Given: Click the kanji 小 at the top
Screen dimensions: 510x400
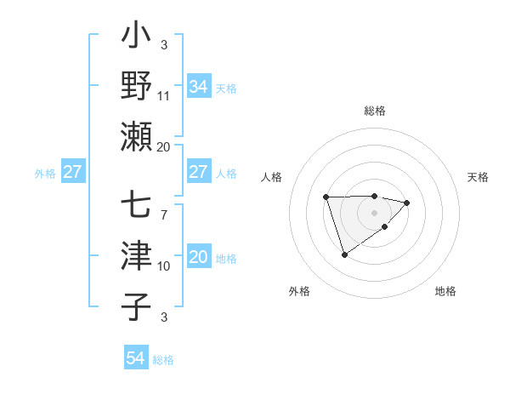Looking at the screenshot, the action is (x=138, y=38).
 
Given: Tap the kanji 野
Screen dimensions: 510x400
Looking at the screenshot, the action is (x=138, y=86).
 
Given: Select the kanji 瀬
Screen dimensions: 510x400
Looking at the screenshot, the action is (x=138, y=136).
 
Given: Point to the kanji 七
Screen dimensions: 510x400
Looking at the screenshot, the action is (x=138, y=207).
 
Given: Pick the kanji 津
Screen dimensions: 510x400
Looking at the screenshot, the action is (x=138, y=256).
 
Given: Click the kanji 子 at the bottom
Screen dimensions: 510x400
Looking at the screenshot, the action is (x=138, y=306).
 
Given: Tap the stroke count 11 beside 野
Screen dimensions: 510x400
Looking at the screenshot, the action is (x=164, y=95).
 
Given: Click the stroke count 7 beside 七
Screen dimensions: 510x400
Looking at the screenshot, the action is (x=163, y=214).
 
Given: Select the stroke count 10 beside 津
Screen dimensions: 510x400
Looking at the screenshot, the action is (x=164, y=266).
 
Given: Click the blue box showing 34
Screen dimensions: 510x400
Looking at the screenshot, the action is (x=198, y=86).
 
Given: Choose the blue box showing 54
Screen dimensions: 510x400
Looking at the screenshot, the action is (x=135, y=359).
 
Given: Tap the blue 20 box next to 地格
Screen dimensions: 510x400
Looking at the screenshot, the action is (x=198, y=257).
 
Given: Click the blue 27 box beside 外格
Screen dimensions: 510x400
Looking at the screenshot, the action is (x=72, y=172).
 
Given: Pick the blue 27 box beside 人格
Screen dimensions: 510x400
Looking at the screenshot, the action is (x=198, y=172).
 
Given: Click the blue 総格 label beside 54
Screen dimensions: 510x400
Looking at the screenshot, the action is (x=163, y=360).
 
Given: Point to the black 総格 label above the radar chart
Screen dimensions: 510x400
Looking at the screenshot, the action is (x=374, y=111).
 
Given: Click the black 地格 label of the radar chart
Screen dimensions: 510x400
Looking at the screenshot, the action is (x=445, y=291).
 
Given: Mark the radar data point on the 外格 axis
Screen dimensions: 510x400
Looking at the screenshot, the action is (x=344, y=254).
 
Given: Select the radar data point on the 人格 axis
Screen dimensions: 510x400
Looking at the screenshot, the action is (x=326, y=197).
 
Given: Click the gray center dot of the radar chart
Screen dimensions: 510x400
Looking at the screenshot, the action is (x=374, y=212).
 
